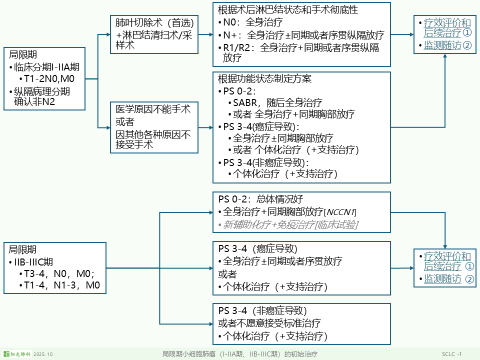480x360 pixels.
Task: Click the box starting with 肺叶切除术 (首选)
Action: click(x=152, y=34)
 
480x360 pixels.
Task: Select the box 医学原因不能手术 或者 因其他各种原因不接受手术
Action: click(x=152, y=127)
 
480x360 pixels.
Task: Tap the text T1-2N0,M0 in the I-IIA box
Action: click(x=49, y=79)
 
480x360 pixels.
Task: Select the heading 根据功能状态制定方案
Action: click(x=265, y=79)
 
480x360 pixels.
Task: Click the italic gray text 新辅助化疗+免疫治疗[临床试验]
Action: click(x=290, y=225)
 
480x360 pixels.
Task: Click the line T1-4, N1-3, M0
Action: click(x=62, y=285)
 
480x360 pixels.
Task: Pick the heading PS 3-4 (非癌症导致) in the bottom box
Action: click(x=262, y=310)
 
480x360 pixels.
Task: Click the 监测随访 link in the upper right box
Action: click(x=442, y=45)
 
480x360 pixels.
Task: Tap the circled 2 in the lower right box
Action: click(x=469, y=279)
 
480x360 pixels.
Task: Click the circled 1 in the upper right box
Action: click(x=467, y=32)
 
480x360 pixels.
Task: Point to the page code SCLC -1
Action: click(x=451, y=354)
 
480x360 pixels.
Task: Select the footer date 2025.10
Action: click(x=43, y=354)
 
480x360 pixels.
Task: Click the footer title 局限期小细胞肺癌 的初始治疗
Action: click(x=239, y=354)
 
